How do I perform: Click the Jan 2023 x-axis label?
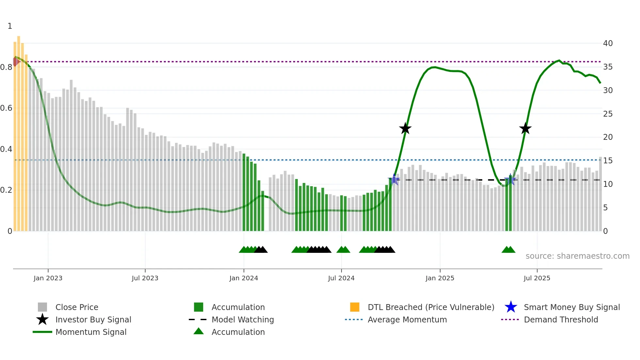(48, 278)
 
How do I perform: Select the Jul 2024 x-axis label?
(341, 278)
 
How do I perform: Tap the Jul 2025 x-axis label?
(537, 278)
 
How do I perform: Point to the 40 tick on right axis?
(608, 43)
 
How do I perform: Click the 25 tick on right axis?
(608, 114)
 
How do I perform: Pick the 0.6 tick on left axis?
(6, 108)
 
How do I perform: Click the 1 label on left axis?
(10, 26)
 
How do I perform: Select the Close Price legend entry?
(77, 307)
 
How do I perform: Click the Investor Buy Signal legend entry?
(93, 319)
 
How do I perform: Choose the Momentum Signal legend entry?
(91, 332)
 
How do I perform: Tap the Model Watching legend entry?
(243, 319)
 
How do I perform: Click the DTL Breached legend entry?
(431, 307)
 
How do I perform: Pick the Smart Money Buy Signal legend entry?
(572, 307)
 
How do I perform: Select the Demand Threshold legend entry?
(561, 319)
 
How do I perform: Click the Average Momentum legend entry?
(407, 319)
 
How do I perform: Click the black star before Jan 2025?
(405, 129)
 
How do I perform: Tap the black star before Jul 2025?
(525, 129)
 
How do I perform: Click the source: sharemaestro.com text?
(577, 256)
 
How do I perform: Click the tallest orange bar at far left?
(19, 131)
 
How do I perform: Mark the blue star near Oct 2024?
(394, 179)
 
